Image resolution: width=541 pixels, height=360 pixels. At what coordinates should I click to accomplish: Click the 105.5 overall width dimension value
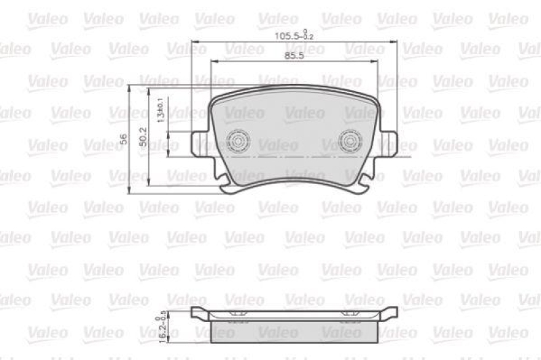289,36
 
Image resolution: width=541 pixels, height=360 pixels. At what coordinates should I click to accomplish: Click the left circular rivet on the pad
237,140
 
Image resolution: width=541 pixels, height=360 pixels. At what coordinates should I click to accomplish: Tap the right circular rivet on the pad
351,140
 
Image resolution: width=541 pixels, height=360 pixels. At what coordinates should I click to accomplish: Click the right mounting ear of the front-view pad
389,143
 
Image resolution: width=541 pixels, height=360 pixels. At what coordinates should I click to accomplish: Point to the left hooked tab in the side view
197,313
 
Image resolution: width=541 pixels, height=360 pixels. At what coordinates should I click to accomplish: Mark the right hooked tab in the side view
390,313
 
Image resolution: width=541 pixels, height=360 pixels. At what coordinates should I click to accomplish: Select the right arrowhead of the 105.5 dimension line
396,42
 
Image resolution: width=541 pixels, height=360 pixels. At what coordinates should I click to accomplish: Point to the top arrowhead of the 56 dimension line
128,87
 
